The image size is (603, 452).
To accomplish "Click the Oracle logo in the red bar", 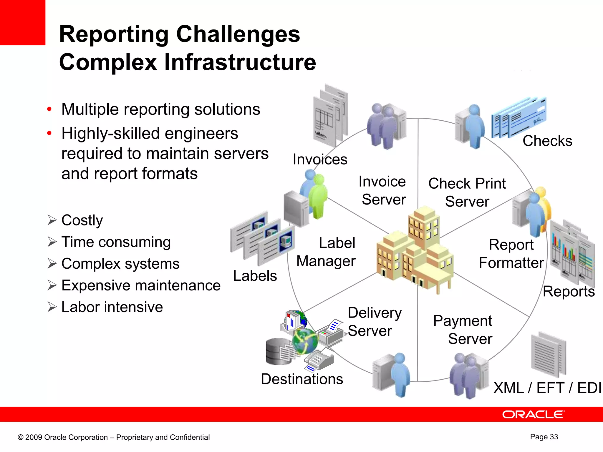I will click(533, 414).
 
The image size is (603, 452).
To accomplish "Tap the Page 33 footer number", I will click(544, 437).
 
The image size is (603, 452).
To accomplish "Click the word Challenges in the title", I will click(238, 34).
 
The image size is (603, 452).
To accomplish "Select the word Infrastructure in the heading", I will click(240, 62).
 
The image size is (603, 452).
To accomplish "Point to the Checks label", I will click(547, 141).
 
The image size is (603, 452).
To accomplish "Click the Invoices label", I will click(320, 159).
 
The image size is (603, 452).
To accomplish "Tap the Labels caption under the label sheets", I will click(255, 276).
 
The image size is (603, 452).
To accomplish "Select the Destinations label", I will click(302, 379).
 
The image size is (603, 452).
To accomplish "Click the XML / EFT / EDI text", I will click(547, 388).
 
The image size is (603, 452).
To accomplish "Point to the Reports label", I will click(569, 292).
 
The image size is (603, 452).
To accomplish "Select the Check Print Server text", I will click(467, 192).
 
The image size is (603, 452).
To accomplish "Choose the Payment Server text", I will click(463, 330).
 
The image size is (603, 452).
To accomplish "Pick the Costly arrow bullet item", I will click(82, 220).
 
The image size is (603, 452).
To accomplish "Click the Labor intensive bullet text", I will click(112, 307).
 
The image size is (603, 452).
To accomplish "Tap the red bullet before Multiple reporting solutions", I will click(49, 109).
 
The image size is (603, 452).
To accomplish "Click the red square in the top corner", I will click(22, 22).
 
